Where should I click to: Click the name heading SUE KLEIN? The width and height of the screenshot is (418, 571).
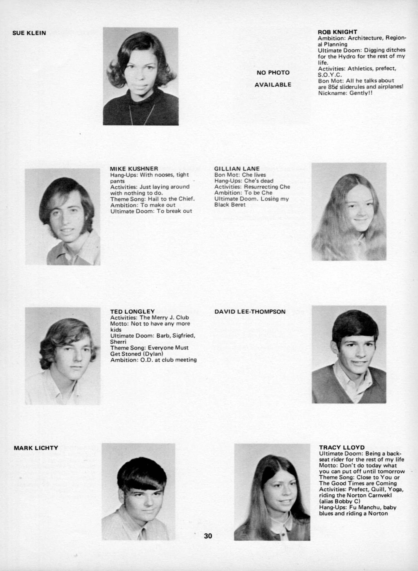[x=29, y=33]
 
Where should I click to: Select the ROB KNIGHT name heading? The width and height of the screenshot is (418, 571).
[x=337, y=32]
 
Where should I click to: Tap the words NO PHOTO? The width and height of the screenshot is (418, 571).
[x=273, y=73]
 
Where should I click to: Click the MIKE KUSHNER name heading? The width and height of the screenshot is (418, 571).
[x=134, y=169]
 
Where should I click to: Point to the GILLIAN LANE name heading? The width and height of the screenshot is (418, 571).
[x=237, y=169]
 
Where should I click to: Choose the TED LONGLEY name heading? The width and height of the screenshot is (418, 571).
[x=132, y=311]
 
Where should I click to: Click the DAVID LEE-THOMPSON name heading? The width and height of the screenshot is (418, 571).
[x=250, y=312]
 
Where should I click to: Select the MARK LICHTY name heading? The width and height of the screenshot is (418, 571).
[x=36, y=448]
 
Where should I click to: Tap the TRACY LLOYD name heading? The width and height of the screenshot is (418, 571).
[x=342, y=447]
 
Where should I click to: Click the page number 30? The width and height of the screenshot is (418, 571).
[x=208, y=536]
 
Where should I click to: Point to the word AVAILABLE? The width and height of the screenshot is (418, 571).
[x=273, y=85]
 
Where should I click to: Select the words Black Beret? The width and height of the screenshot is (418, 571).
[x=230, y=205]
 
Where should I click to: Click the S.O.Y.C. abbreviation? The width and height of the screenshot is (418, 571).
[x=330, y=75]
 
